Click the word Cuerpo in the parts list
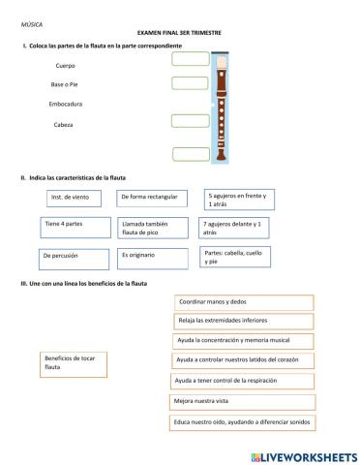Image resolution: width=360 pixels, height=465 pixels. (66, 66)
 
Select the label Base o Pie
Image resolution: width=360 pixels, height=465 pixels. (66, 84)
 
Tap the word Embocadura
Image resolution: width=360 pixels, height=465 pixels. (65, 103)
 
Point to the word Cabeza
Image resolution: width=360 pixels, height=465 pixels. (64, 124)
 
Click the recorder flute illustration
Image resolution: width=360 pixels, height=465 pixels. (224, 108)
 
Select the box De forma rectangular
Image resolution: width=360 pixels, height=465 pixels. (152, 198)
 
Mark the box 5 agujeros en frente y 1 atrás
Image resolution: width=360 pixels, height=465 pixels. (238, 200)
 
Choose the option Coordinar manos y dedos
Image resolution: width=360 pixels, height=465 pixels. (242, 302)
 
